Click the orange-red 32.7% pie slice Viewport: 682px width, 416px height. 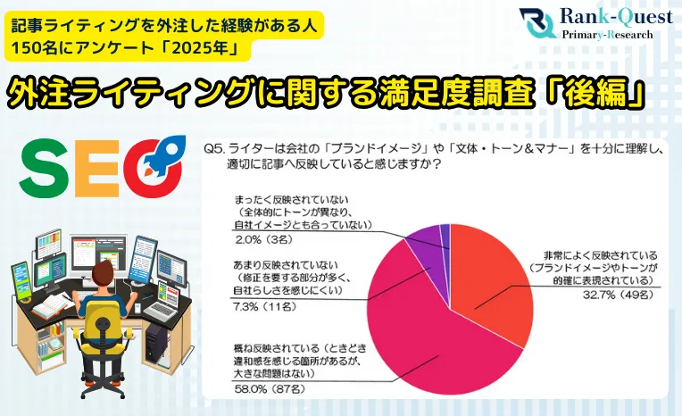coord(492,283)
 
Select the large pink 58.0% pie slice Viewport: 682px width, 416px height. coord(430,335)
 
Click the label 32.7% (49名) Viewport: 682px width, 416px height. coord(618,295)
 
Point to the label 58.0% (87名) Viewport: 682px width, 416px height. coord(270,388)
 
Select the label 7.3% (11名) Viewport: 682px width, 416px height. coord(265,307)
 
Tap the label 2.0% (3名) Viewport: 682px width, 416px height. coord(263,240)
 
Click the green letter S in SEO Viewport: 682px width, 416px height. coord(45,169)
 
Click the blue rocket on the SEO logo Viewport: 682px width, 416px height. coord(164,154)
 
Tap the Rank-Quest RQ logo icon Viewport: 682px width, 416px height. coord(537,23)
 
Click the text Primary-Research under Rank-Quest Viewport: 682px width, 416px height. coord(607,35)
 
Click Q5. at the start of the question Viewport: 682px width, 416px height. coord(214,150)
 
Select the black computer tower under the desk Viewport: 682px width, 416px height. coord(155,345)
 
